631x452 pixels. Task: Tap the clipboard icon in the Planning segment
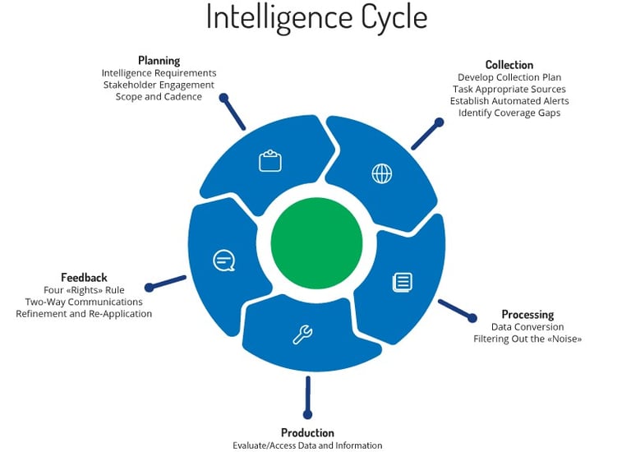point(270,160)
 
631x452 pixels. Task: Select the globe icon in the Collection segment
point(382,173)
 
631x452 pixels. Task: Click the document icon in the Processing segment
point(402,282)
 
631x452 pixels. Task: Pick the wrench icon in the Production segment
point(302,334)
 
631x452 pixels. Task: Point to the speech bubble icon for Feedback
point(223,261)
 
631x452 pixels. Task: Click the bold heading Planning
point(159,61)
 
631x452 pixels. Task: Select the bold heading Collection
point(509,65)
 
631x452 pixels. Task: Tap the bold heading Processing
point(527,315)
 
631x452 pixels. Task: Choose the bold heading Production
point(307,433)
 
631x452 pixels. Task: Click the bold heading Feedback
point(84,278)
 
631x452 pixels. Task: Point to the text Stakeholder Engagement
point(159,85)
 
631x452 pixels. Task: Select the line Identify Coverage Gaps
point(509,113)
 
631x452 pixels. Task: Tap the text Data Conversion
point(527,327)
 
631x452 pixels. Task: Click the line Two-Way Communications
point(84,302)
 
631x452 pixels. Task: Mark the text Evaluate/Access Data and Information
point(307,445)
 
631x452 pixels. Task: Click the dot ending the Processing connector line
point(472,319)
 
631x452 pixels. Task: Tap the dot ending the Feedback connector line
point(149,288)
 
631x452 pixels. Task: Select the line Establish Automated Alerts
point(509,101)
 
